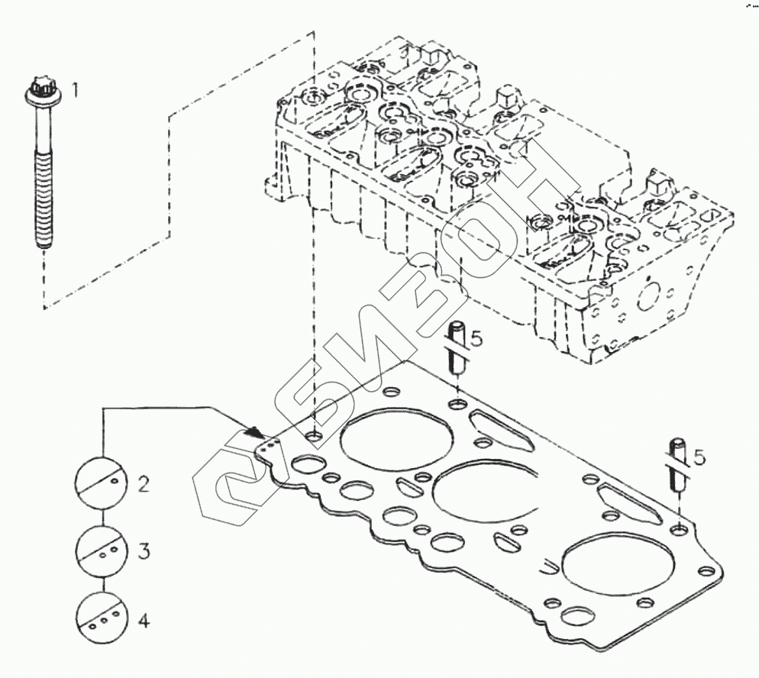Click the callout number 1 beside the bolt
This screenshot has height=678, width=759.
pyautogui.click(x=75, y=91)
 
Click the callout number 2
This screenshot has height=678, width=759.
pyautogui.click(x=143, y=483)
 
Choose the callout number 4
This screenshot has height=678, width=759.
pyautogui.click(x=143, y=620)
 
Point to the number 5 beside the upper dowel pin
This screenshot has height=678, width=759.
pyautogui.click(x=476, y=339)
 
